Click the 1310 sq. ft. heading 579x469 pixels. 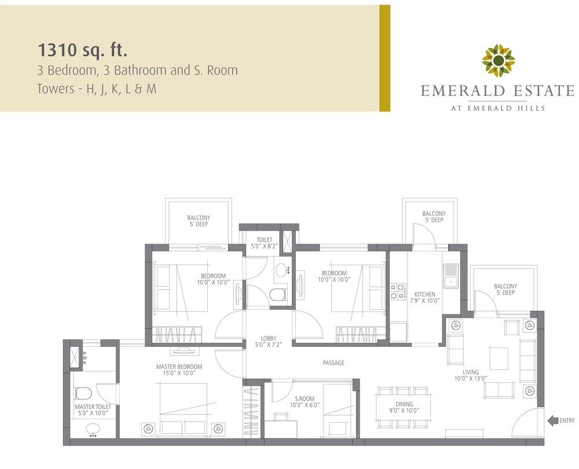tap(82, 49)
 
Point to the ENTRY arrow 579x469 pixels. tap(553, 421)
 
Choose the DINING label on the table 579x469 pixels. tap(404, 407)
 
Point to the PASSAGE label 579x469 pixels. tap(334, 363)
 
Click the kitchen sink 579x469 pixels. tap(450, 276)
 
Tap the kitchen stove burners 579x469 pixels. tap(397, 291)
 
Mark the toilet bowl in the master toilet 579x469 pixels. tap(82, 394)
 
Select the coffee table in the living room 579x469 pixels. tap(499, 358)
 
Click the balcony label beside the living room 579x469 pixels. tap(505, 290)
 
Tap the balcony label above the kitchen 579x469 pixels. tap(434, 217)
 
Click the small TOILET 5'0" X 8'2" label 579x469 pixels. tap(264, 243)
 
